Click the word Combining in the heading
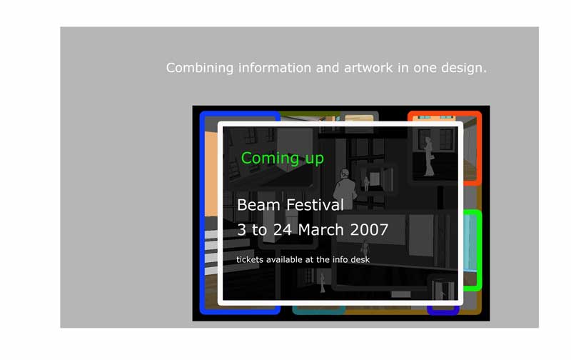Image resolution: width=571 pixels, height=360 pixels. pyautogui.click(x=200, y=68)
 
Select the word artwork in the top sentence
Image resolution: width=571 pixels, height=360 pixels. pyautogui.click(x=368, y=67)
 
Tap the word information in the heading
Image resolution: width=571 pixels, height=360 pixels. pyautogui.click(x=275, y=67)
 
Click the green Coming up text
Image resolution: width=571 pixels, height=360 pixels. pyautogui.click(x=282, y=159)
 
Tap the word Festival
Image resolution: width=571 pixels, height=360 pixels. pyautogui.click(x=315, y=205)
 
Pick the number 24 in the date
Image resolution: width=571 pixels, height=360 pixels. pyautogui.click(x=283, y=230)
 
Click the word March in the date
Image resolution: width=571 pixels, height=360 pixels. pyautogui.click(x=320, y=230)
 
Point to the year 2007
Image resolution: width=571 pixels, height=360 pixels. pyautogui.click(x=369, y=230)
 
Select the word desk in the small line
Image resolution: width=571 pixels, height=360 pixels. pyautogui.click(x=360, y=259)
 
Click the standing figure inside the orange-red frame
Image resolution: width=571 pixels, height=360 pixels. pyautogui.click(x=429, y=156)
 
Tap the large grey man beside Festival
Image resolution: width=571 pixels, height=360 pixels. pyautogui.click(x=344, y=189)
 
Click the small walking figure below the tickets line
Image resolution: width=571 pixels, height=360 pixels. pyautogui.click(x=323, y=283)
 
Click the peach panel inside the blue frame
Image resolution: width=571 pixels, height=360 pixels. pyautogui.click(x=211, y=174)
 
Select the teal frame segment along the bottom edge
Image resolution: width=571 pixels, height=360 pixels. pyautogui.click(x=319, y=310)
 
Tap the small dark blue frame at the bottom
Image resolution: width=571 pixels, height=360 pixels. pyautogui.click(x=443, y=311)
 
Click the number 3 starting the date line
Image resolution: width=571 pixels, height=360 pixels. pyautogui.click(x=241, y=230)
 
